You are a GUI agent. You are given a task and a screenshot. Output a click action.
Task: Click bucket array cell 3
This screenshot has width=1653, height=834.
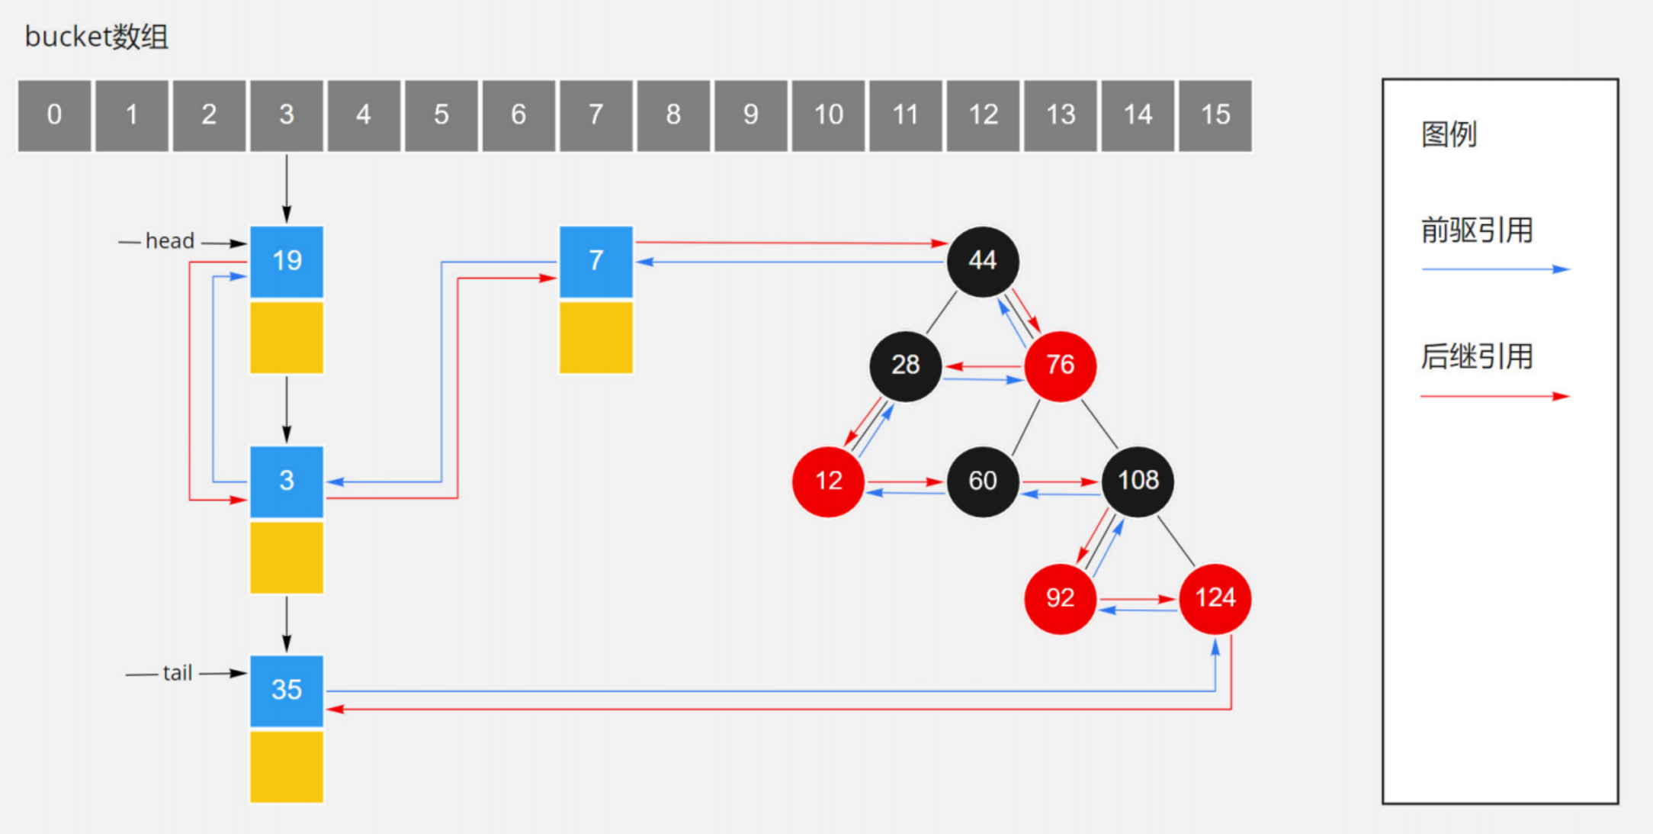coord(286,115)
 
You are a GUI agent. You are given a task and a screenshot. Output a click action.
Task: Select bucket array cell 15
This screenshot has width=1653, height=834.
coord(1215,115)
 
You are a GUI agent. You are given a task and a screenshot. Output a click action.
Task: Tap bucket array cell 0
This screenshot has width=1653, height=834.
coord(54,115)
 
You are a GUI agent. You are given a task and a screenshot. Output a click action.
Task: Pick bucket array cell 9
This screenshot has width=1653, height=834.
coord(750,115)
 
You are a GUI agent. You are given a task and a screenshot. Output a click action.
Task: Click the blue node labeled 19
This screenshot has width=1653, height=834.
coord(287,261)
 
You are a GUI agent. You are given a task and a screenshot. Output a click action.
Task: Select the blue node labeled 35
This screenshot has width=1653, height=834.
coord(287,690)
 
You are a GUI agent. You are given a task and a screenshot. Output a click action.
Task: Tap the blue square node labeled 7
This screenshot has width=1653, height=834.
coord(595,261)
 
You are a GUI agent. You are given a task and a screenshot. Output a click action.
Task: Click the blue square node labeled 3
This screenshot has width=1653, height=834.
coord(287,481)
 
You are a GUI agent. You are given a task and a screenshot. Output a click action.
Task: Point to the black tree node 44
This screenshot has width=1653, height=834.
coord(983,261)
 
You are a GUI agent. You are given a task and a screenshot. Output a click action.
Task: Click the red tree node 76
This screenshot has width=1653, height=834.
coord(1060,365)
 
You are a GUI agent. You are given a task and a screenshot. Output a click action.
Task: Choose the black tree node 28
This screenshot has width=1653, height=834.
coord(906,365)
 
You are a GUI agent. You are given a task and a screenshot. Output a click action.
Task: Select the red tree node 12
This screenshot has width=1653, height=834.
coord(828,481)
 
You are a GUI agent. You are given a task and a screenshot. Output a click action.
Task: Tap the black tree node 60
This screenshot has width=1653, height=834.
coord(983,481)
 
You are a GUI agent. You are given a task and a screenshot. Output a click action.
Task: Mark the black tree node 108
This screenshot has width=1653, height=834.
coord(1138,481)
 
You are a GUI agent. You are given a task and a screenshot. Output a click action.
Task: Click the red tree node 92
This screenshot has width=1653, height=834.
coord(1060,598)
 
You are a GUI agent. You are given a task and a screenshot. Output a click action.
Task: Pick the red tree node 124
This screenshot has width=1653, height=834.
coord(1215,598)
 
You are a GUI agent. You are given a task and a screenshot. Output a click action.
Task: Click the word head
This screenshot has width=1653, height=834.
coord(170,242)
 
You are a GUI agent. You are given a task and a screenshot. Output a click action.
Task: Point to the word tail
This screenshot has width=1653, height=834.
coord(177,674)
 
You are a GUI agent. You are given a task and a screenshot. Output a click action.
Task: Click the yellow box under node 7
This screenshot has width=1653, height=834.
coord(595,337)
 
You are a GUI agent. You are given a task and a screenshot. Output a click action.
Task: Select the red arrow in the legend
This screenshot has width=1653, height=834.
coord(1494,396)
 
